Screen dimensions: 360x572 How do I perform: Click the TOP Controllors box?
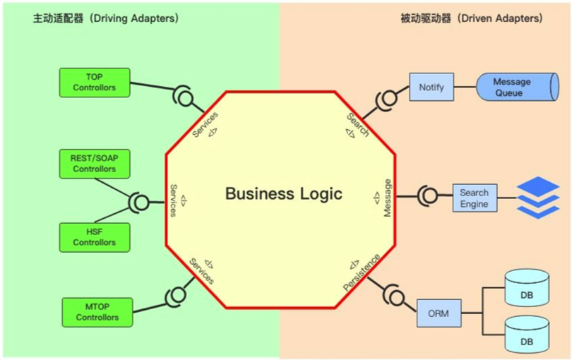[95, 83]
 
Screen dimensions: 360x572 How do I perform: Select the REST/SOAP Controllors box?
[94, 164]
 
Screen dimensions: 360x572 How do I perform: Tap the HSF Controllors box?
[94, 238]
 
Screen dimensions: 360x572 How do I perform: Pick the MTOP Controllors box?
[97, 313]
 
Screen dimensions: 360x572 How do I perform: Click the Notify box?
[431, 87]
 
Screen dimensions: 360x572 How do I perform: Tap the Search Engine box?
[474, 198]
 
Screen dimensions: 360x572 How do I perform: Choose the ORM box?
[438, 313]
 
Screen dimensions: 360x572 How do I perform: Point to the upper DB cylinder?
[527, 289]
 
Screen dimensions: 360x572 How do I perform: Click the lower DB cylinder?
[527, 335]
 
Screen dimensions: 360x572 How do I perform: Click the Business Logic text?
[283, 193]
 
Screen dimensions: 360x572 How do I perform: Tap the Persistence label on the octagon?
[362, 272]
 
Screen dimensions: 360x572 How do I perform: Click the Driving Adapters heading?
[105, 18]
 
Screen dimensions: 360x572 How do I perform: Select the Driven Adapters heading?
[471, 18]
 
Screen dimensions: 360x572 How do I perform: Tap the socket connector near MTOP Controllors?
[174, 296]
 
